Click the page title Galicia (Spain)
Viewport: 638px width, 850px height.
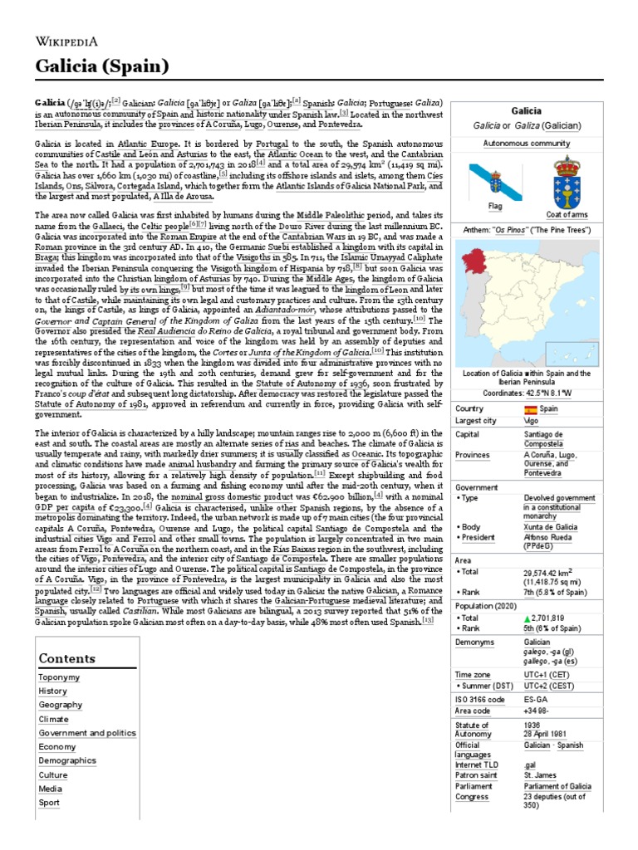pyautogui.click(x=102, y=66)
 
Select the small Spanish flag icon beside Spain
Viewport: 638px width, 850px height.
pyautogui.click(x=530, y=409)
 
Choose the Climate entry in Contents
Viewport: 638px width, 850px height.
pyautogui.click(x=53, y=719)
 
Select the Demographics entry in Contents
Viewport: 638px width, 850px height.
pyautogui.click(x=67, y=760)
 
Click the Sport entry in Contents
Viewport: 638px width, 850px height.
pyautogui.click(x=49, y=803)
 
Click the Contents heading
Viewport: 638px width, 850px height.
pyautogui.click(x=67, y=658)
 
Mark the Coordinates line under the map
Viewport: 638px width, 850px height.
pyautogui.click(x=526, y=394)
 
